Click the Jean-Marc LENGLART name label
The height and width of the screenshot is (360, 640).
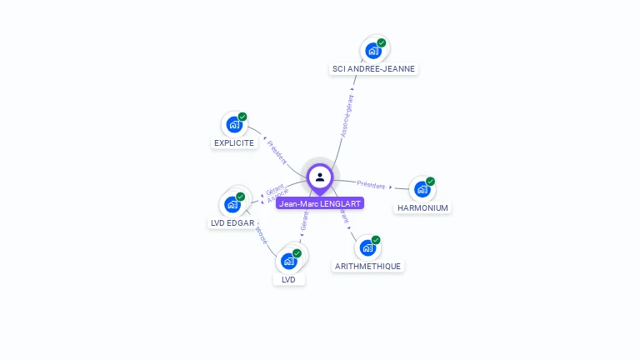click(320, 203)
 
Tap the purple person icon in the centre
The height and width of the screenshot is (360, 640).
click(320, 177)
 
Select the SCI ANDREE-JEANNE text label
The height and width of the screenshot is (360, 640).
click(373, 68)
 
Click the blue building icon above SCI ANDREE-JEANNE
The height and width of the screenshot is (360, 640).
click(373, 51)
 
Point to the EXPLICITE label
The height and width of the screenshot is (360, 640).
click(234, 142)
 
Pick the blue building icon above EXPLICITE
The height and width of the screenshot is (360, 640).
click(234, 125)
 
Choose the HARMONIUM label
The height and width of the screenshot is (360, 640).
click(422, 207)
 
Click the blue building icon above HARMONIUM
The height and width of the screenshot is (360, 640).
click(422, 189)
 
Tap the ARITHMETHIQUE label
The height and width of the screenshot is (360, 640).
click(367, 266)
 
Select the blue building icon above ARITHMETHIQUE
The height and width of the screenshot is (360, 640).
click(367, 247)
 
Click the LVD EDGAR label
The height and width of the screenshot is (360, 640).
click(232, 222)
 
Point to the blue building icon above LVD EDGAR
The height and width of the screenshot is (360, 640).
click(232, 204)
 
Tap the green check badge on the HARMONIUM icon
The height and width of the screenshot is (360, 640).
click(430, 181)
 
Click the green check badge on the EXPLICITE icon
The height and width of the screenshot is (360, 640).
click(242, 117)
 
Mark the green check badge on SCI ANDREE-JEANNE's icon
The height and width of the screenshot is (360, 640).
click(382, 42)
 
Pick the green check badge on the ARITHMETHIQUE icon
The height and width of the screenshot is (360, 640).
click(376, 240)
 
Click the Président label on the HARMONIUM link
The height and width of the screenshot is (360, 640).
click(371, 185)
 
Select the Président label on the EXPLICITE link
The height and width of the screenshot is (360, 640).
click(277, 152)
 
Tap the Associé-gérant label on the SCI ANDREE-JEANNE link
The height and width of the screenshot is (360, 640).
click(347, 116)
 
